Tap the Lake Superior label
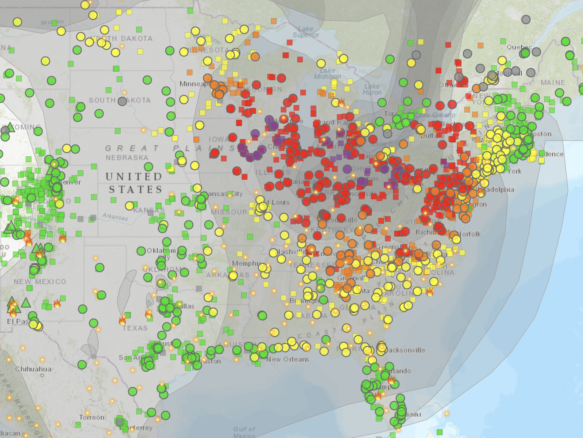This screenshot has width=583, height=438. (306, 32)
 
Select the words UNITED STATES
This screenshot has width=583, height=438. (135, 183)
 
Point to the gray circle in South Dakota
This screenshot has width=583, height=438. (122, 101)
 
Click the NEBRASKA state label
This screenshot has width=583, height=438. (127, 158)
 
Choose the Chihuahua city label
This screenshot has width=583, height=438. (33, 369)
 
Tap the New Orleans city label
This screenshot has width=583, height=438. (288, 360)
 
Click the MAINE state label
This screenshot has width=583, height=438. (553, 82)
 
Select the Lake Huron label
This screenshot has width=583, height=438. (372, 89)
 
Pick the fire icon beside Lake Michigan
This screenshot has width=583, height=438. (341, 103)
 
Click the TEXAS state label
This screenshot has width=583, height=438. (135, 328)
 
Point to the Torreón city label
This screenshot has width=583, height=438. (91, 417)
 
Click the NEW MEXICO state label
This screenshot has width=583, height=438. (40, 282)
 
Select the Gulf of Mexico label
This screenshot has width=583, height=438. (244, 432)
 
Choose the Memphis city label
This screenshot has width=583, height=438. (246, 263)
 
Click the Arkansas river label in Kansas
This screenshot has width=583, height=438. (115, 217)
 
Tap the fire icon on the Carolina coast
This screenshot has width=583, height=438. (430, 292)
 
